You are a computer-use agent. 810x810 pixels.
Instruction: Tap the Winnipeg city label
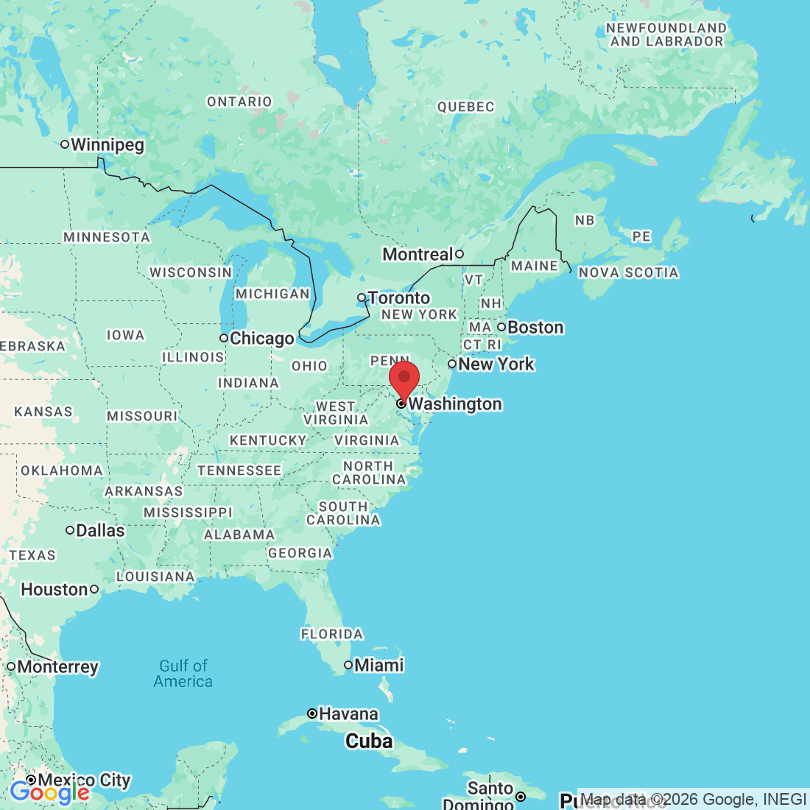pyautogui.click(x=108, y=144)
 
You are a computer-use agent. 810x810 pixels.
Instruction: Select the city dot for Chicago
pyautogui.click(x=224, y=338)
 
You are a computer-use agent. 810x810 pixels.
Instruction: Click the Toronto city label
pyautogui.click(x=399, y=297)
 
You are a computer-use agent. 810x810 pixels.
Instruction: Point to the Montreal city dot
pyautogui.click(x=459, y=254)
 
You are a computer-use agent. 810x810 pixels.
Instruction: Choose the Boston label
pyautogui.click(x=535, y=327)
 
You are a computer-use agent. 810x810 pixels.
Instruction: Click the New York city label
pyautogui.click(x=496, y=364)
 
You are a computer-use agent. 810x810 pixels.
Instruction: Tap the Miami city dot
pyautogui.click(x=348, y=665)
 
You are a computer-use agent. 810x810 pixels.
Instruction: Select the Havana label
pyautogui.click(x=348, y=714)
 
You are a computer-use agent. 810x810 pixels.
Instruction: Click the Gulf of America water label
pyautogui.click(x=183, y=674)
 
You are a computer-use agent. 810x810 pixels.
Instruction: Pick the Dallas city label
pyautogui.click(x=100, y=530)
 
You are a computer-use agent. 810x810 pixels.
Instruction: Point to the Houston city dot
pyautogui.click(x=94, y=589)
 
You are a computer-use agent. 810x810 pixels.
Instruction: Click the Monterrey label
pyautogui.click(x=57, y=666)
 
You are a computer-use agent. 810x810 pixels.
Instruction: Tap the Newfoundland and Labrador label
pyautogui.click(x=666, y=35)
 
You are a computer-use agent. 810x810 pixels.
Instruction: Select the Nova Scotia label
pyautogui.click(x=628, y=272)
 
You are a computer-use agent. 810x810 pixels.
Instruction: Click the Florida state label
pyautogui.click(x=332, y=634)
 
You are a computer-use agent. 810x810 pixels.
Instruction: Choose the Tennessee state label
pyautogui.click(x=239, y=471)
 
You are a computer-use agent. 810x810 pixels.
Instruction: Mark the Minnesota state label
pyautogui.click(x=107, y=237)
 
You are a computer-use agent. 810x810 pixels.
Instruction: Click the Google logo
pyautogui.click(x=49, y=792)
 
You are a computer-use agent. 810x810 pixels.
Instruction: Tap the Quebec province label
pyautogui.click(x=465, y=107)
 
